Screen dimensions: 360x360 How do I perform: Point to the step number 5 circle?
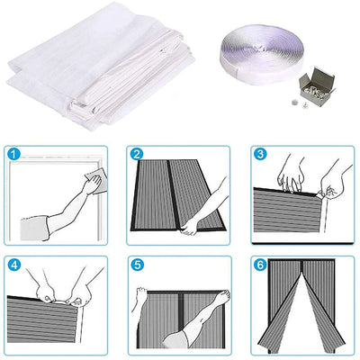[136, 266]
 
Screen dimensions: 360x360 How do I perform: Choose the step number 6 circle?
[260, 266]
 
